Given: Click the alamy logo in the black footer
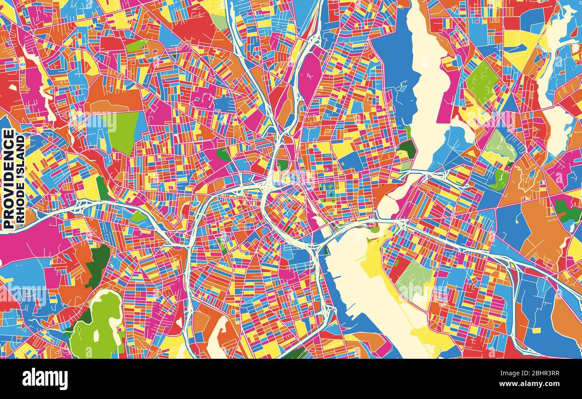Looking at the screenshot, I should coord(45,379).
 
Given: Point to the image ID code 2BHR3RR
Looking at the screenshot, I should coord(537,374).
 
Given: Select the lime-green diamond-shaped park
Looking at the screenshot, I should coord(482,81).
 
